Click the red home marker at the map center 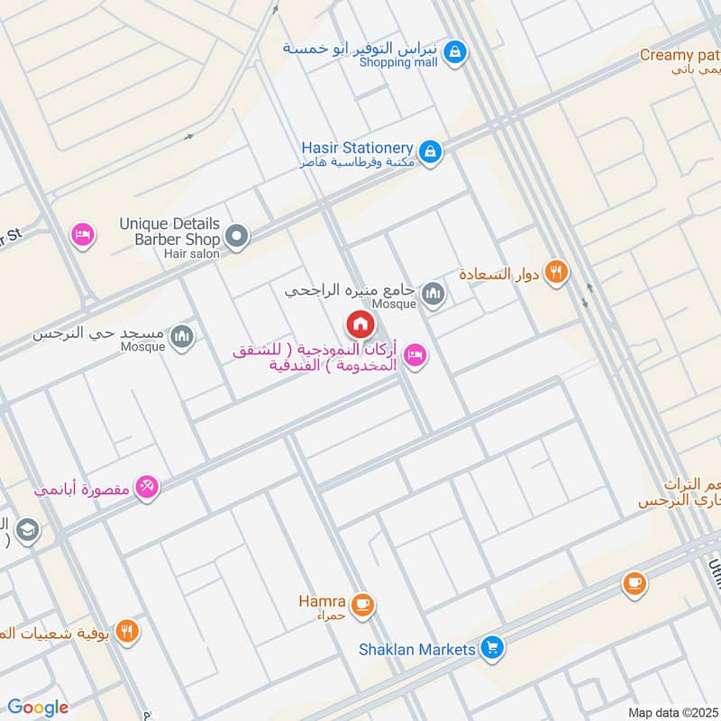click(x=360, y=324)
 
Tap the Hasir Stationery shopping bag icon click(x=431, y=151)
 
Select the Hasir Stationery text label click(x=357, y=148)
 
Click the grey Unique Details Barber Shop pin click(x=237, y=237)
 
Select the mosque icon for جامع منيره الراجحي click(x=434, y=294)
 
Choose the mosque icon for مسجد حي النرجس click(x=183, y=338)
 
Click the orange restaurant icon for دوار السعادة click(x=557, y=272)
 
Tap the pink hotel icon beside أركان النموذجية click(x=415, y=355)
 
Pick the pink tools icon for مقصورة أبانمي click(x=146, y=488)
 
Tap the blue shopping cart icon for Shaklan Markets click(x=491, y=647)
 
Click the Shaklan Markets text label click(x=416, y=649)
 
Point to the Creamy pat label click(x=679, y=55)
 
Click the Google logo click(x=38, y=707)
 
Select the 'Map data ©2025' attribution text click(x=671, y=712)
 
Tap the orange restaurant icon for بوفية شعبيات click(x=127, y=632)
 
